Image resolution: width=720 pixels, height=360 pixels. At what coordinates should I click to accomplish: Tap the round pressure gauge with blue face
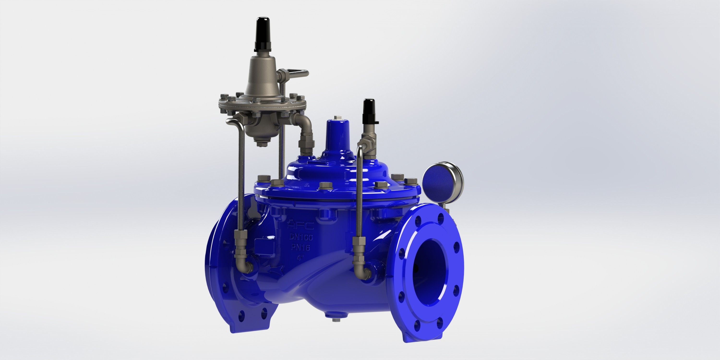point(442,179)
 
